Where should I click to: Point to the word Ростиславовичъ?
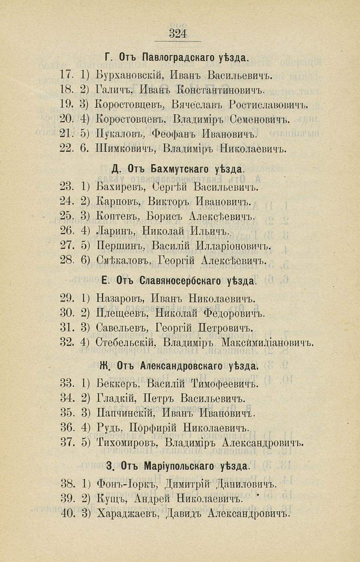[268, 105]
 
